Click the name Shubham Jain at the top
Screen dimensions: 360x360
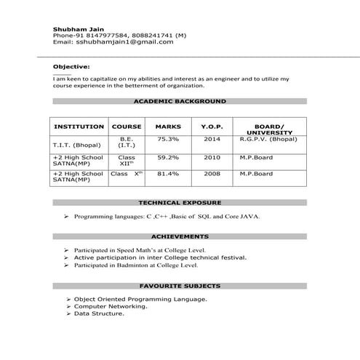(x=73, y=27)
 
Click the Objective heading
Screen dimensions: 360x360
(x=67, y=65)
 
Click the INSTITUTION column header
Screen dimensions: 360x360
(x=79, y=127)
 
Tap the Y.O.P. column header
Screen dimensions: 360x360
(x=212, y=127)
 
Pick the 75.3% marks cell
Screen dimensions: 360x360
(x=168, y=138)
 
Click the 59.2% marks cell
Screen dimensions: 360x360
(x=168, y=156)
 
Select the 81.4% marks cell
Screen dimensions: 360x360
(x=168, y=174)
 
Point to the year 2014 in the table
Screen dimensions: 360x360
(x=212, y=138)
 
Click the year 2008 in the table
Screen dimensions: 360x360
(x=212, y=174)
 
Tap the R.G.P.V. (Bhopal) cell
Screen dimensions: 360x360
(x=268, y=138)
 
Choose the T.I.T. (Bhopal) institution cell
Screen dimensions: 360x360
(x=77, y=145)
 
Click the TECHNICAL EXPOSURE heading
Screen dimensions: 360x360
(x=180, y=203)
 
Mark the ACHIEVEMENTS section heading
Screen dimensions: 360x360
(x=180, y=237)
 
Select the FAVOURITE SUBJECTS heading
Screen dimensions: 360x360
(x=180, y=286)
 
